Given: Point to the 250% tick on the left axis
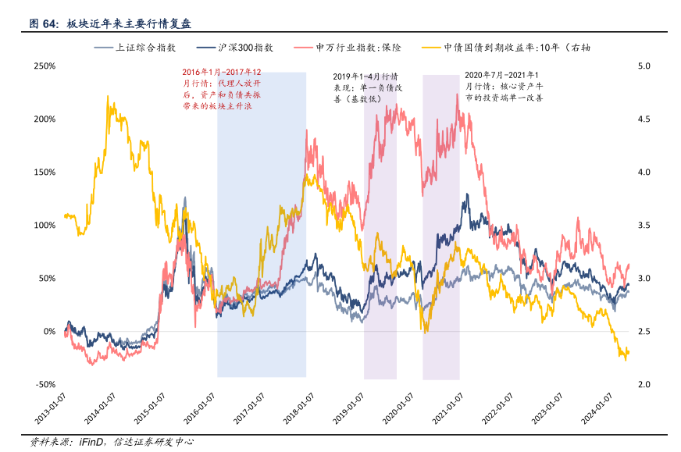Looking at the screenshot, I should click(x=45, y=66).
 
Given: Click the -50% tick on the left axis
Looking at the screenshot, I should click(x=45, y=385).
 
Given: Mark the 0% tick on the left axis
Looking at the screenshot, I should click(x=48, y=332).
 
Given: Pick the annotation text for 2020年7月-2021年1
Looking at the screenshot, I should click(x=504, y=87).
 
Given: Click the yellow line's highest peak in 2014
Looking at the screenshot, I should click(x=108, y=97).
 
